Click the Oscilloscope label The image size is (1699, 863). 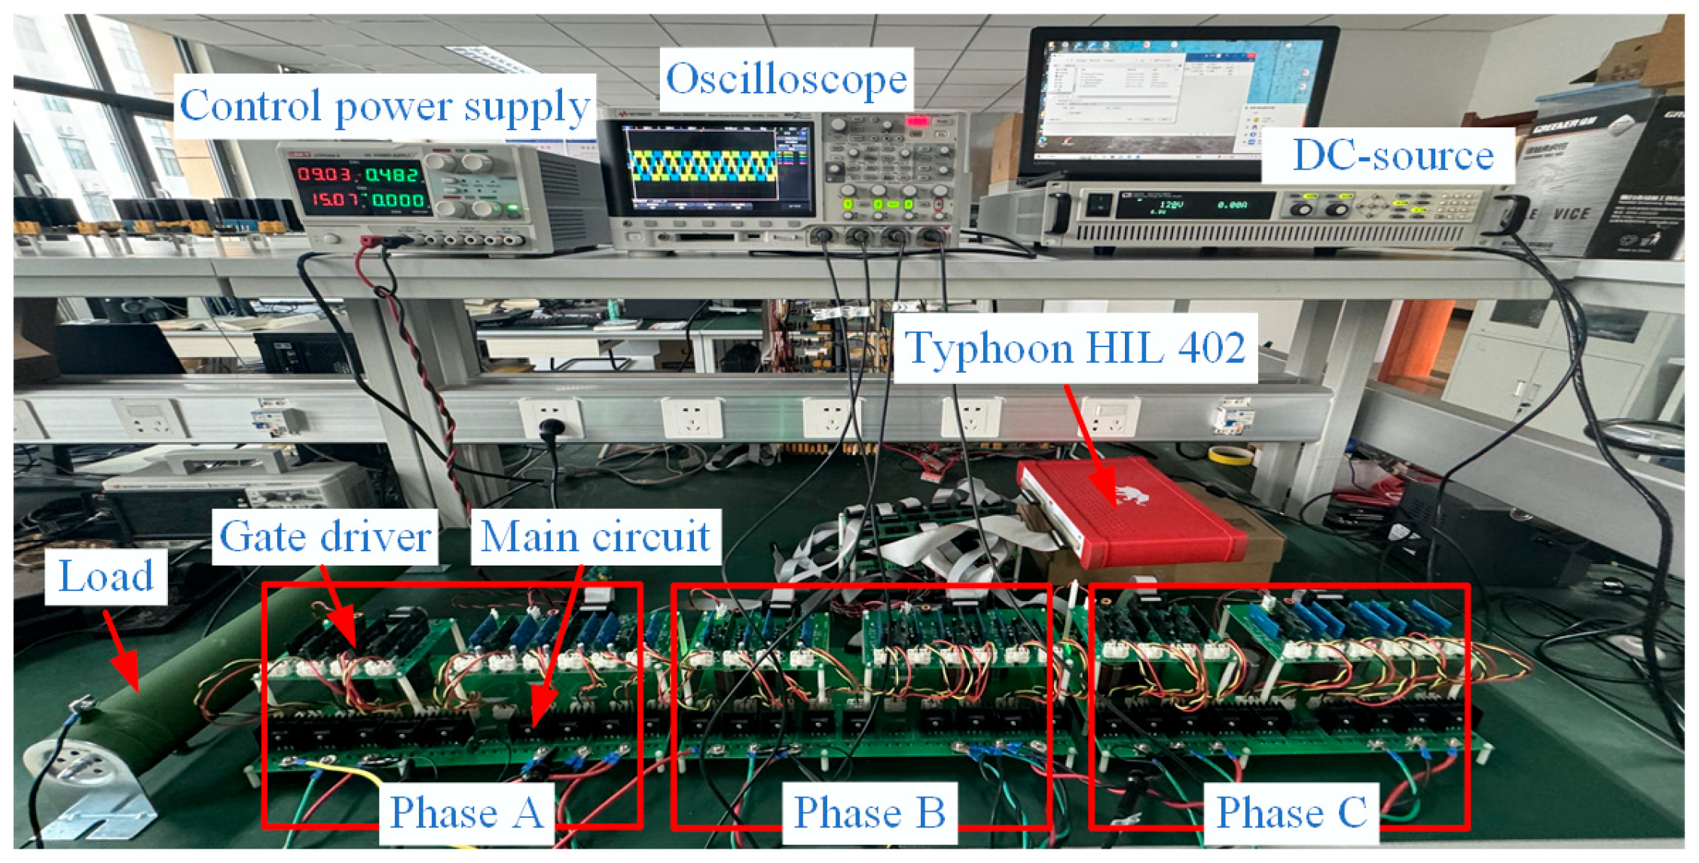click(786, 79)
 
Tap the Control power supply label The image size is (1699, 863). click(384, 105)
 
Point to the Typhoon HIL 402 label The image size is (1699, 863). click(1074, 348)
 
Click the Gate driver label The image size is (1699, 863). click(325, 537)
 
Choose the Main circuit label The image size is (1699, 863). click(595, 537)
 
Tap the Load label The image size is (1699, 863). click(105, 577)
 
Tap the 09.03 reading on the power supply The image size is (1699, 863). click(324, 175)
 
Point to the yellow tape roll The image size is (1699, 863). click(1230, 455)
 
